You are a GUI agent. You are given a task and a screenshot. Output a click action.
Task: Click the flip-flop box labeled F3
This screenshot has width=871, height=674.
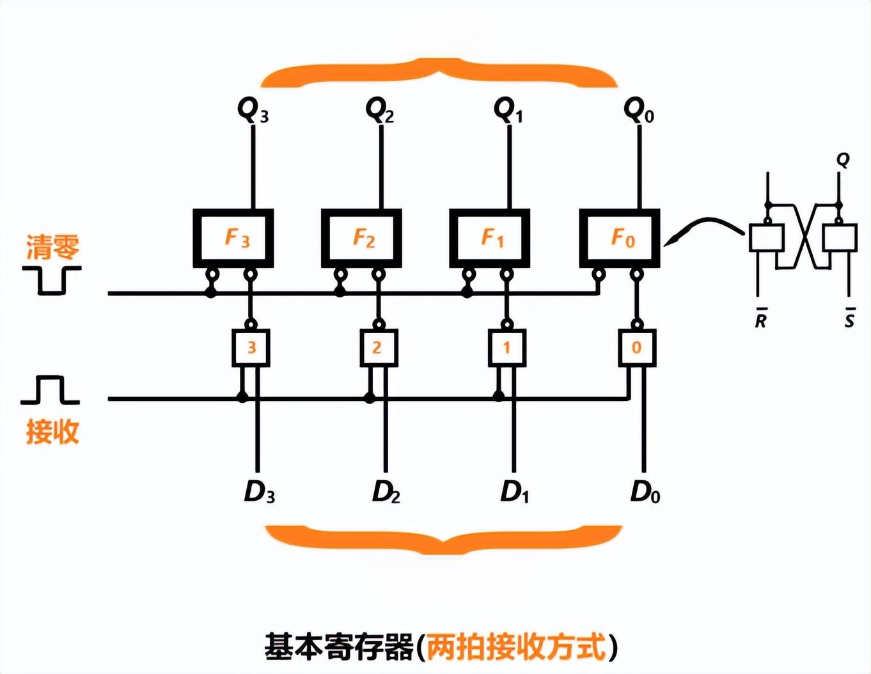tap(233, 238)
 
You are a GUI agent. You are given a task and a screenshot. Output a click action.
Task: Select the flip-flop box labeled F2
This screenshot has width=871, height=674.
tap(361, 238)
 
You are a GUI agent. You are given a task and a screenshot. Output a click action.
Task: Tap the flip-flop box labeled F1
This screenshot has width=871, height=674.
tap(490, 238)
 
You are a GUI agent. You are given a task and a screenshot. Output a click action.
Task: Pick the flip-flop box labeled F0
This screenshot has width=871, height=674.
tap(620, 238)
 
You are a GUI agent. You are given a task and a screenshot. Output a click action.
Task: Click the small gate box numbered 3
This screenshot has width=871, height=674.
tap(251, 347)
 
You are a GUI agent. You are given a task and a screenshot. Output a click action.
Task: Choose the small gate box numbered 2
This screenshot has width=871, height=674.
tap(379, 347)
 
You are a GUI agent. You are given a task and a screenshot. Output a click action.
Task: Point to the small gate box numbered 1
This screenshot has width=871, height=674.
tap(507, 347)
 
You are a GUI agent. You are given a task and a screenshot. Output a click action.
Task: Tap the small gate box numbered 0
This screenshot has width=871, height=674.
tap(637, 347)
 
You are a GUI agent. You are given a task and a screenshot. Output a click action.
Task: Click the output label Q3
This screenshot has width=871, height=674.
tap(253, 110)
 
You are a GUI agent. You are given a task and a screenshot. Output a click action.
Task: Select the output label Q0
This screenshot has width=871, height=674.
tap(638, 110)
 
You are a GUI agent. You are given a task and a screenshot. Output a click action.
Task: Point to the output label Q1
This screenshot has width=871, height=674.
tap(508, 110)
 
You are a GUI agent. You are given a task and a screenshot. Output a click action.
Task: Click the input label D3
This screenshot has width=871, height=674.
tap(259, 492)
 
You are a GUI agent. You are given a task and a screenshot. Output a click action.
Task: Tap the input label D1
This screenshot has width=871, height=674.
tap(515, 492)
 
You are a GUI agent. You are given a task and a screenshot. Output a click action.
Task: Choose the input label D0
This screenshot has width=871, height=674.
tap(645, 492)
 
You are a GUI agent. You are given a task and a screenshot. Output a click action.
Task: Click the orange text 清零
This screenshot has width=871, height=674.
tap(52, 247)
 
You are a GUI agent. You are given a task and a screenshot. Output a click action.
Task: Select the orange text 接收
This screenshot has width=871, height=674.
tap(52, 432)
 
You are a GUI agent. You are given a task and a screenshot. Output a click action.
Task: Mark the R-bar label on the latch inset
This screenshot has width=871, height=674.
tap(760, 318)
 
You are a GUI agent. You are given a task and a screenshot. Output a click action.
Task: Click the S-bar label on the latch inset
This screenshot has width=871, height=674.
tap(849, 318)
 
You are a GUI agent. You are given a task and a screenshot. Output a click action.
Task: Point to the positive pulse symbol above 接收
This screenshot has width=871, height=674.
tap(50, 390)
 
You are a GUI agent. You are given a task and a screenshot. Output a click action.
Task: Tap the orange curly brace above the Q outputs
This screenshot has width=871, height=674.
tap(439, 72)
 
